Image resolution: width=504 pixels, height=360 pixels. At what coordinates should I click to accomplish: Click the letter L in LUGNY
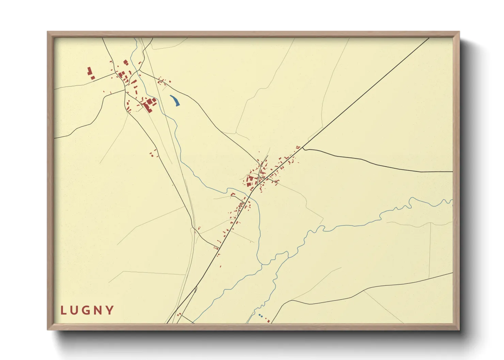pyautogui.click(x=63, y=310)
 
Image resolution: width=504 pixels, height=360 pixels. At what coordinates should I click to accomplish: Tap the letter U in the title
pyautogui.click(x=75, y=310)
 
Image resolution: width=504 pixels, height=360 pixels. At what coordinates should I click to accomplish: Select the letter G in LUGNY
pyautogui.click(x=87, y=310)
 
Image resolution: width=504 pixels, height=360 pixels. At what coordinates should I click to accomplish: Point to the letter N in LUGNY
pyautogui.click(x=99, y=310)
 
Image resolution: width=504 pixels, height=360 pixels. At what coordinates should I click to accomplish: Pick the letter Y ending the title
pyautogui.click(x=110, y=310)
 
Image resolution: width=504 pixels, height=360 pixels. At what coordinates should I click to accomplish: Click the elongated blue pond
pyautogui.click(x=175, y=100)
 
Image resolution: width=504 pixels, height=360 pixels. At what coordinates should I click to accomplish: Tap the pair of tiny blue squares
pyautogui.click(x=261, y=316)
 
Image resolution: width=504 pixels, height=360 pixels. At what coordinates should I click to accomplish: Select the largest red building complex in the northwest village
pyautogui.click(x=149, y=104)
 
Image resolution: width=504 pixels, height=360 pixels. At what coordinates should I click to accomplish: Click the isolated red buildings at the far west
pyautogui.click(x=91, y=73)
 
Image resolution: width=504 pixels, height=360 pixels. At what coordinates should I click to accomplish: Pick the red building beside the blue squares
pyautogui.click(x=269, y=321)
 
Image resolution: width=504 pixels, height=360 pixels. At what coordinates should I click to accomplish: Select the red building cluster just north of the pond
pyautogui.click(x=163, y=81)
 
